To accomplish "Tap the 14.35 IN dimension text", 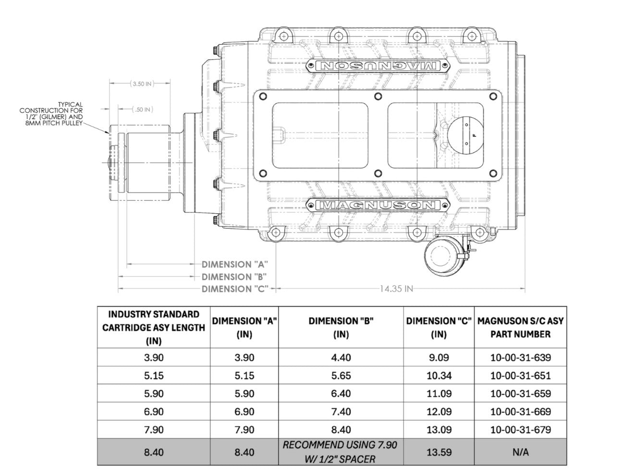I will tap(396, 289).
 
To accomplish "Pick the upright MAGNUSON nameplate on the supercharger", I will tap(378, 206).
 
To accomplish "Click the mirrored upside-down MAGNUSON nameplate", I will tap(378, 65).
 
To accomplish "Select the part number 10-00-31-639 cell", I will tap(520, 357).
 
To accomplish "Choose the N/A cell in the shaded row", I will tap(520, 452).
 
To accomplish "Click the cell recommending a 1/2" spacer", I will tap(340, 452).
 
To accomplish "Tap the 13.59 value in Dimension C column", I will tap(439, 452).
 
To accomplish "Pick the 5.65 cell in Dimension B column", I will tap(340, 376).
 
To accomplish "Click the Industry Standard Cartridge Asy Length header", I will tap(153, 328).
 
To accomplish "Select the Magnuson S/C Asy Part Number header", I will tap(520, 328).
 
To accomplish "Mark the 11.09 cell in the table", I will tap(439, 393).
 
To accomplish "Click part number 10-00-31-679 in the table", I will tap(520, 429).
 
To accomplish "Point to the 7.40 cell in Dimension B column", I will tap(340, 412).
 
